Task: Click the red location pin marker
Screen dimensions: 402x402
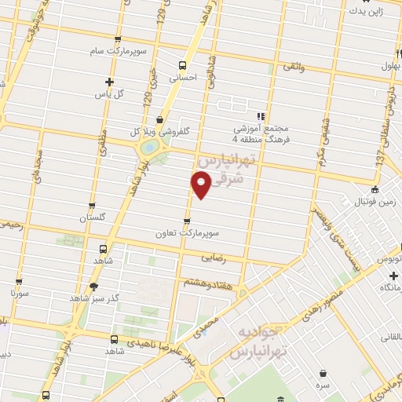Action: pos(201,183)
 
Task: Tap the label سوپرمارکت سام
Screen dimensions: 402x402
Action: pos(118,50)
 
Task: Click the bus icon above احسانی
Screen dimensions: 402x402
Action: pos(182,66)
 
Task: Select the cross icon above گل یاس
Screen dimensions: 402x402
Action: pos(109,82)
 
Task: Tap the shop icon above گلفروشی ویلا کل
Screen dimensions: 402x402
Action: pos(160,120)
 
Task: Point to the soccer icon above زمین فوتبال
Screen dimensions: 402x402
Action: pos(375,190)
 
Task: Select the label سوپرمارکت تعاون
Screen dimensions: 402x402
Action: pos(185,233)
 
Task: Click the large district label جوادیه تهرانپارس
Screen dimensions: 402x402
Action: pos(259,341)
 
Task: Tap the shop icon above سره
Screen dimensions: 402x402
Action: pos(323,374)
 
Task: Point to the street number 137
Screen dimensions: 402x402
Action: pos(379,159)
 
